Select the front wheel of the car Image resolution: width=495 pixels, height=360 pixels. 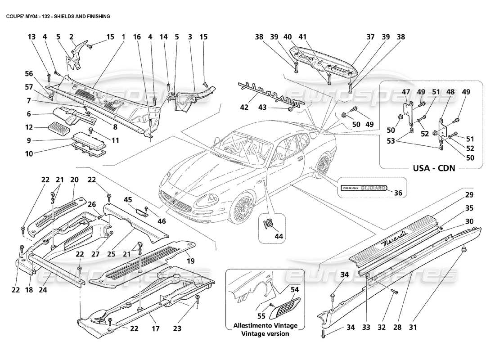241,207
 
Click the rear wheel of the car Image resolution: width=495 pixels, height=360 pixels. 323,164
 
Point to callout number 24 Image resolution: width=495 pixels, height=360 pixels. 42,290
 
